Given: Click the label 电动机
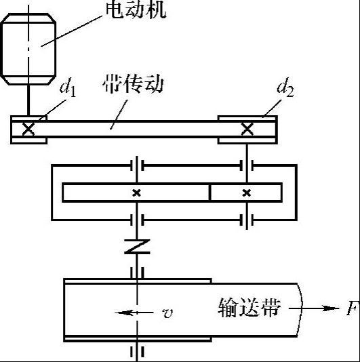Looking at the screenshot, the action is [x=136, y=10].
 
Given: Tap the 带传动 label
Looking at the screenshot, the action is [x=134, y=84].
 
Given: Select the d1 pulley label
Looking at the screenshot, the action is [x=68, y=89].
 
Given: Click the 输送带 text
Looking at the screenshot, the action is [x=249, y=308].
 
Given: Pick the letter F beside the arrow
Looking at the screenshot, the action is [x=353, y=308].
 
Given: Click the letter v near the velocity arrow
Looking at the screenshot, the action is [x=167, y=313].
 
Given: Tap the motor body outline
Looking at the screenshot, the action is [x=28, y=49].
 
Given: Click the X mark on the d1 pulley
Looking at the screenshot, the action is [x=28, y=129].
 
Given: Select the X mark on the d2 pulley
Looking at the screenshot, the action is [x=247, y=129].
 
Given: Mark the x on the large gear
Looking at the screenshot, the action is [x=137, y=193].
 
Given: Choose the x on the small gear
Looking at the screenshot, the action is [x=247, y=193].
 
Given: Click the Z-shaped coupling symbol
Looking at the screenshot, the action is [x=137, y=247].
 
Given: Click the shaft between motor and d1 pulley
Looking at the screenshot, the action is [x=28, y=100].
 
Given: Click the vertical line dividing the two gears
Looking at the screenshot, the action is [x=210, y=193].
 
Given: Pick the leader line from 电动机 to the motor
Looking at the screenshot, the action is [x=72, y=31].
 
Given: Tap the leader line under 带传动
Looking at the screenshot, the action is [x=119, y=115].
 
